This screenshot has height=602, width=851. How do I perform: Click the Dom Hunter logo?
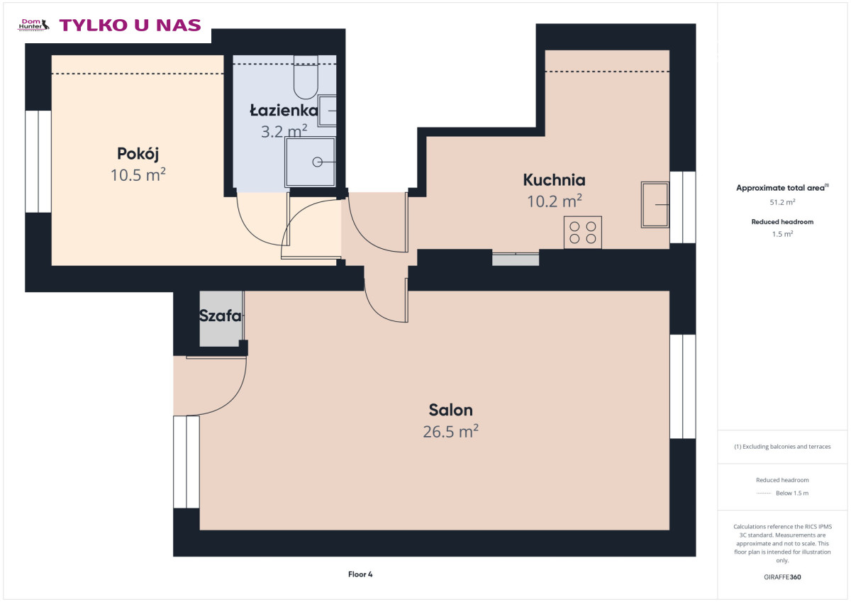pos(33,25)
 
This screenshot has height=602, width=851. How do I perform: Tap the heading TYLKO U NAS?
pos(130,25)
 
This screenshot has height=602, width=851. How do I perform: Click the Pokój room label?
pos(138,154)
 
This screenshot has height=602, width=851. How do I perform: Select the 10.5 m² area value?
pos(138,174)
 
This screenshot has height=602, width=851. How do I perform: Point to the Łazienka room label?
pos(284,110)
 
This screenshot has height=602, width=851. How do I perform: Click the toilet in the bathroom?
pos(306,77)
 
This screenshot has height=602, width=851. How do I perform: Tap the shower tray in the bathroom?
pos(310,162)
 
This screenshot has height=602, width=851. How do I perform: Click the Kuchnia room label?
pos(554,179)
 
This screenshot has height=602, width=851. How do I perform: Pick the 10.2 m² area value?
pos(555,201)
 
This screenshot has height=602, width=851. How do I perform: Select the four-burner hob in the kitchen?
pos(582,233)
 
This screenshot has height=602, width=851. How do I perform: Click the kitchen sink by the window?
pos(655,205)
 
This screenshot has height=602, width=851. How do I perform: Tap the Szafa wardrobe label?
pos(221,316)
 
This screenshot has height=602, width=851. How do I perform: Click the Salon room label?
pos(450,410)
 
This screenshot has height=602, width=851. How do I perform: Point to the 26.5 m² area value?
pos(450,431)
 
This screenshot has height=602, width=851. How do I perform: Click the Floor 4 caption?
pos(360,574)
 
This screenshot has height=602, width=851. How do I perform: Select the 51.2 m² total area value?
pos(782,202)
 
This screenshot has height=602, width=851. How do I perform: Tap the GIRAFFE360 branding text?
pos(782,577)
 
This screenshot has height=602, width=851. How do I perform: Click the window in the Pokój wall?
pos(38,162)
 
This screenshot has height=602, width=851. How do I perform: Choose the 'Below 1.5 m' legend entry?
pos(792,493)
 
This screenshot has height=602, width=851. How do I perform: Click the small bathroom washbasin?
pos(327,111)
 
